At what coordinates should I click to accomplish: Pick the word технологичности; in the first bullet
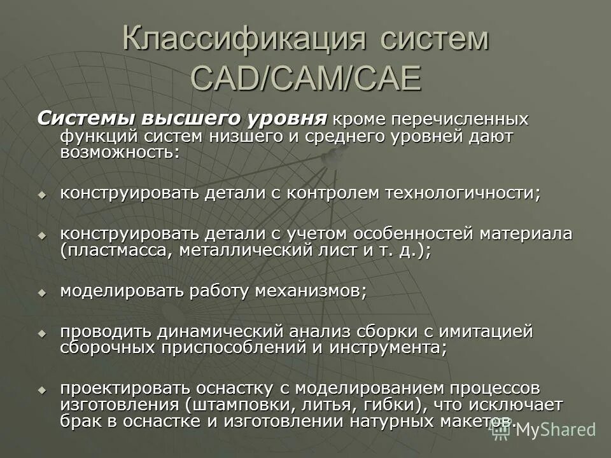point(462,193)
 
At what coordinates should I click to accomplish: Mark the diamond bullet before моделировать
point(43,292)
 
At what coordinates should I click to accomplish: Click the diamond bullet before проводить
point(43,333)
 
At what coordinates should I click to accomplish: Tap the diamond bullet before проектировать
point(43,389)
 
